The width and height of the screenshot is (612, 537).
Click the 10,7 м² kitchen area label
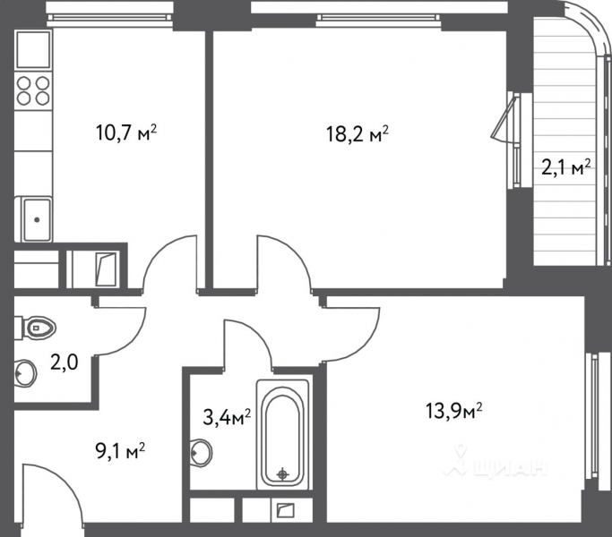(x=126, y=134)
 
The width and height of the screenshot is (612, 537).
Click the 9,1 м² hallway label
(x=120, y=450)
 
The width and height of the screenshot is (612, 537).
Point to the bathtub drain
(x=283, y=473)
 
